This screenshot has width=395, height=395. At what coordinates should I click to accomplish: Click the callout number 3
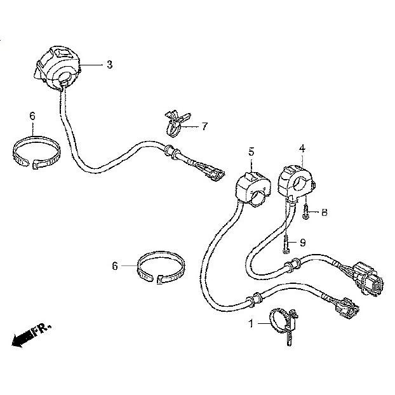coord(110,65)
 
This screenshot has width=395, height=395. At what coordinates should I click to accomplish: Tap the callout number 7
coord(204,126)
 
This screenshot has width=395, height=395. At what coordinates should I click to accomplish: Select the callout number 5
coord(251,152)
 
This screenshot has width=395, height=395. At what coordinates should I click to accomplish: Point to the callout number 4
coord(302,149)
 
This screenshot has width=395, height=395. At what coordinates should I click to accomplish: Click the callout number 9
coord(302,243)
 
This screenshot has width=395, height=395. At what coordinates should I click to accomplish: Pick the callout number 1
coord(251,323)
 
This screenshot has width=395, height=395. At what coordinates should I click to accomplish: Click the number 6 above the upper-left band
coord(32,116)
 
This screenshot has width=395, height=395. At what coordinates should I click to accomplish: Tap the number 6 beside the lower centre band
coord(115,266)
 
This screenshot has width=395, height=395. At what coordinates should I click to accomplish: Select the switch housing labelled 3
coord(57,67)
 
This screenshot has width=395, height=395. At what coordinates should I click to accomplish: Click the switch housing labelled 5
coord(253,188)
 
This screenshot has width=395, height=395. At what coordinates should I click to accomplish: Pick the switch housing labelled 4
coord(297,182)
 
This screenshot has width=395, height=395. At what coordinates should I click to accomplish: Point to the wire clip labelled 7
coord(175,124)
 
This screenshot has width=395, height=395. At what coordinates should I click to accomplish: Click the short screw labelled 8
coord(305,212)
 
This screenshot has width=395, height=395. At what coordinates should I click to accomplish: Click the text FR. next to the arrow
coord(41,330)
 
